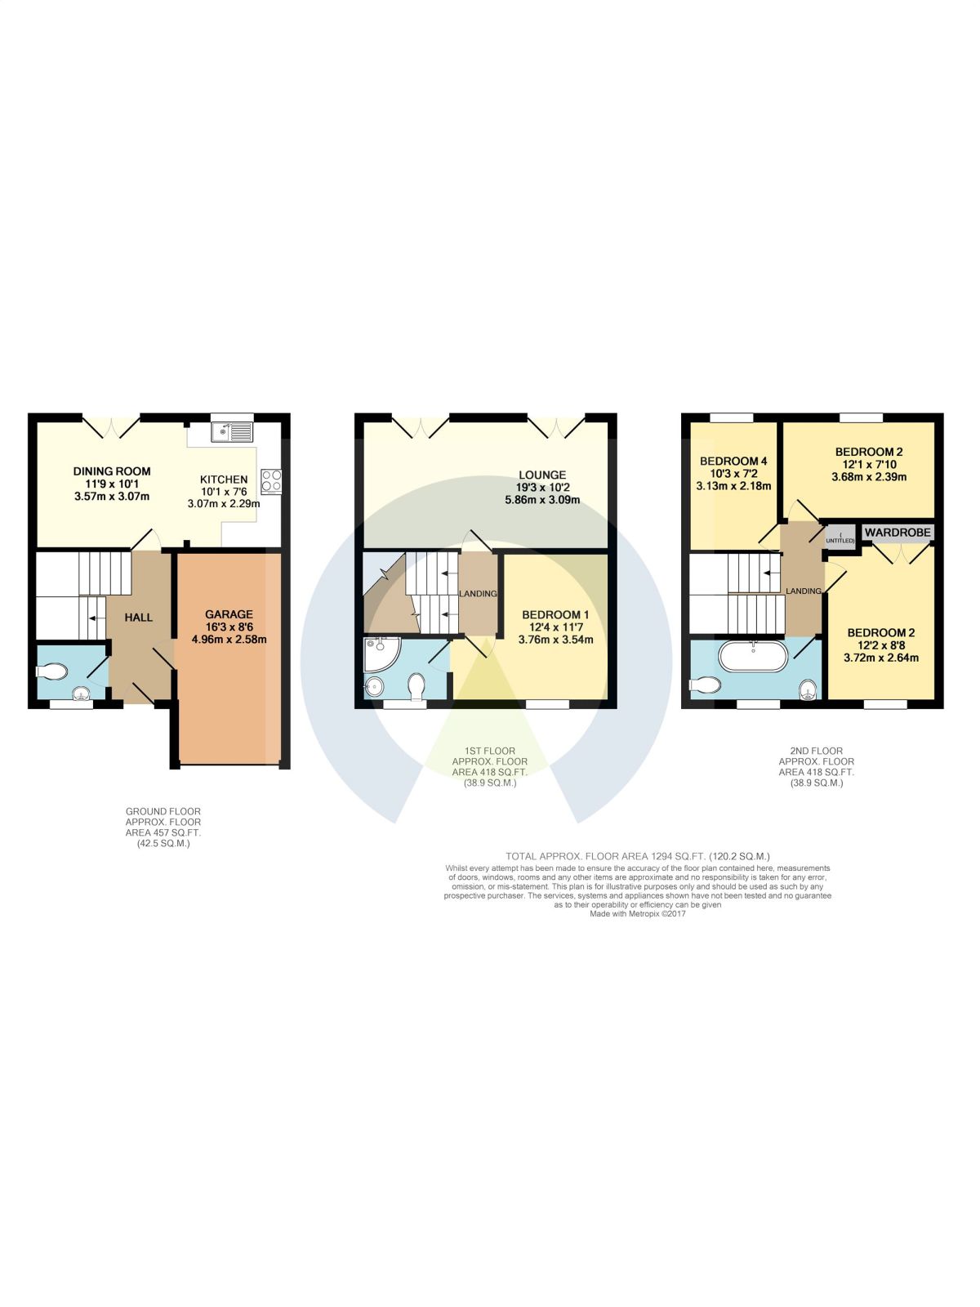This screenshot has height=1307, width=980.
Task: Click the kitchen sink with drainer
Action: click(233, 432)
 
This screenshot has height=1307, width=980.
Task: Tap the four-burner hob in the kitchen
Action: click(271, 481)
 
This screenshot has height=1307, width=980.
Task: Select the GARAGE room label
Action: click(229, 614)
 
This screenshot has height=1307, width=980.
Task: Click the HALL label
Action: click(139, 618)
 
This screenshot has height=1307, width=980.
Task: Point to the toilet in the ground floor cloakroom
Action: click(51, 671)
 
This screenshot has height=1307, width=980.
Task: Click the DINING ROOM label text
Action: click(112, 471)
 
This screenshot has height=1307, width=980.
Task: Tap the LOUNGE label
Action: click(542, 475)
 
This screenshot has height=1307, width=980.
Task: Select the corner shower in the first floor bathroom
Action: click(382, 654)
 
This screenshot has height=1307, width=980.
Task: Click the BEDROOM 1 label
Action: click(556, 614)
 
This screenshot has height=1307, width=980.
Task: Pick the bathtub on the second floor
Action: click(753, 656)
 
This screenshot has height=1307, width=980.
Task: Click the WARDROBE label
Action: click(898, 533)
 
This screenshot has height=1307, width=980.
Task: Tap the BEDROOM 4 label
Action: click(733, 461)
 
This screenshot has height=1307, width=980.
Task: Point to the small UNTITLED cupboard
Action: click(840, 538)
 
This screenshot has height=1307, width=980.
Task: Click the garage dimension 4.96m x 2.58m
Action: click(229, 640)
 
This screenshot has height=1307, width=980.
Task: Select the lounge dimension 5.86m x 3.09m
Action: click(542, 500)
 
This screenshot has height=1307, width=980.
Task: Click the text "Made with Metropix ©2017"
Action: click(637, 914)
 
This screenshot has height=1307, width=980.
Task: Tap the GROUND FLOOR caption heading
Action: click(163, 812)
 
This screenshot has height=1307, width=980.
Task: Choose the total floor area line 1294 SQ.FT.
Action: click(637, 857)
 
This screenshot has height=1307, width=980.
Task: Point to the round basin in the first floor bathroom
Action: click(374, 686)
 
